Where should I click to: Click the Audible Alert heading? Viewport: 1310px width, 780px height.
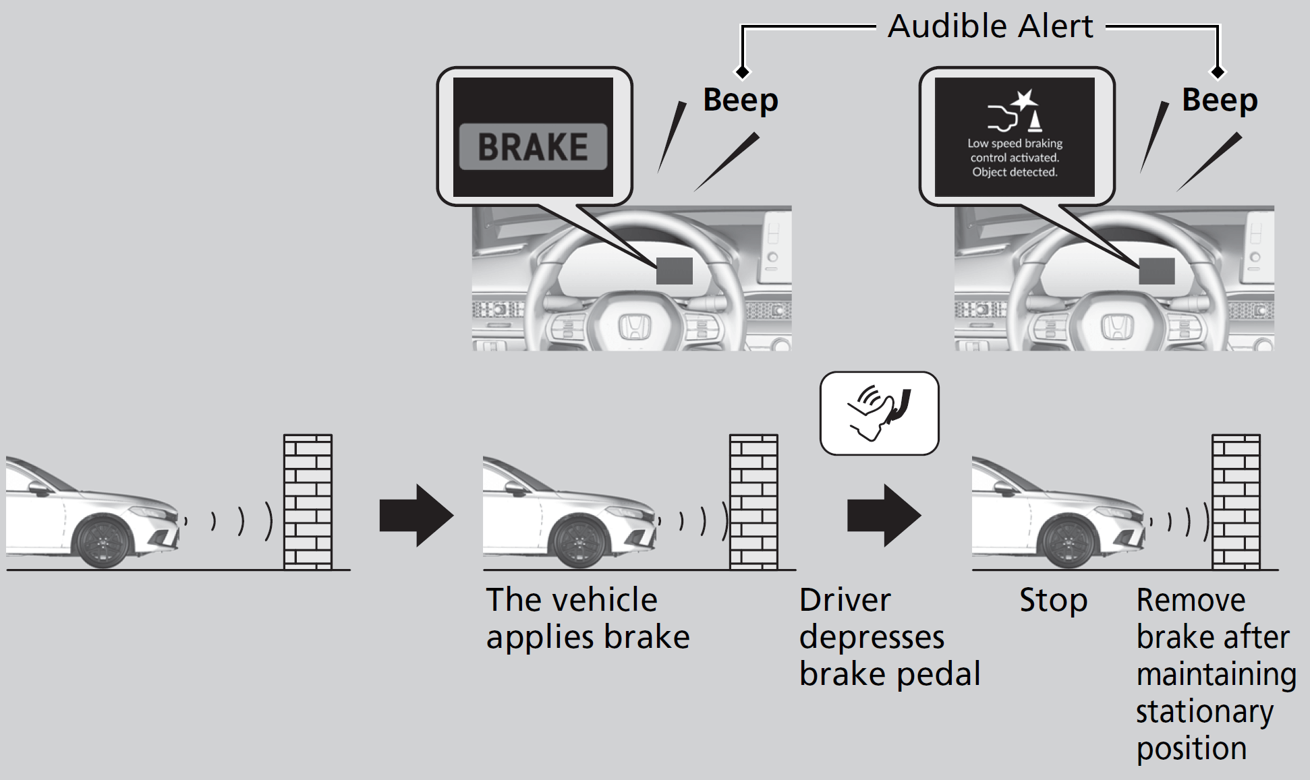[x=990, y=27]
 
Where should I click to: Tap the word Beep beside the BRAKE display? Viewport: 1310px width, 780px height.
[x=741, y=100]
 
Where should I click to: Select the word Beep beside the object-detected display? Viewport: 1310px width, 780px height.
[x=1220, y=100]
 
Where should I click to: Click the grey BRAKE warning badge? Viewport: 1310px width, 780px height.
[x=533, y=146]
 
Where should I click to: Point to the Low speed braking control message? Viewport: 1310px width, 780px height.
[x=1015, y=158]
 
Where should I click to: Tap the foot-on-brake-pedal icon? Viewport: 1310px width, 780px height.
[x=878, y=413]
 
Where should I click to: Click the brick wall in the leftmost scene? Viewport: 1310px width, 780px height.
[x=308, y=502]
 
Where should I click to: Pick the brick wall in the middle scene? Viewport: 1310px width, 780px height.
[x=753, y=502]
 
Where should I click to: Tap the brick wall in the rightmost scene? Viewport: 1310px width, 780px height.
[x=1236, y=502]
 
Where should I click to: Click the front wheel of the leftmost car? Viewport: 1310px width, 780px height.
[x=103, y=541]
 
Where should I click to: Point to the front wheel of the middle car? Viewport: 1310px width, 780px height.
[x=580, y=541]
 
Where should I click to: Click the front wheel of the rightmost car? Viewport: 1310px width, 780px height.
[x=1069, y=541]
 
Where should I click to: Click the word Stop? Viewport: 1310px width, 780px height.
[x=1053, y=600]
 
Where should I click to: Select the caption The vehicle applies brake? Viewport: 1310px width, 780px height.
[x=587, y=618]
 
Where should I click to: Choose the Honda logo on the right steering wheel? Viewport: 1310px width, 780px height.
[x=1117, y=328]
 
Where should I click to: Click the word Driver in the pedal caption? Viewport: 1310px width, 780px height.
[x=845, y=600]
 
